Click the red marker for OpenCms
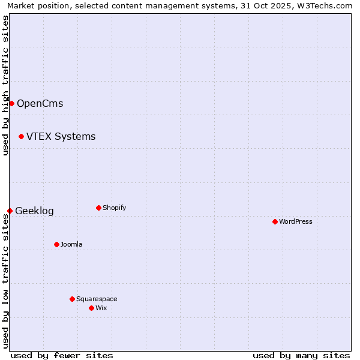pyautogui.click(x=11, y=103)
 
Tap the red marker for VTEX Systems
pyautogui.click(x=21, y=137)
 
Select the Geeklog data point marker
pyautogui.click(x=10, y=211)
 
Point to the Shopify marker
pyautogui.click(x=98, y=208)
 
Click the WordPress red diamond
pyautogui.click(x=275, y=221)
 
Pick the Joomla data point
pyautogui.click(x=56, y=244)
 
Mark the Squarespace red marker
pyautogui.click(x=72, y=299)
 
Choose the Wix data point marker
pyautogui.click(x=91, y=308)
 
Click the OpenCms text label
pyautogui.click(x=40, y=103)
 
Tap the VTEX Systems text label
pyautogui.click(x=61, y=137)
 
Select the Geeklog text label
pyautogui.click(x=34, y=211)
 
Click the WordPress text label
pyautogui.click(x=295, y=221)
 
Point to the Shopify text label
pyautogui.click(x=114, y=208)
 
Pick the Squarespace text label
pyautogui.click(x=97, y=299)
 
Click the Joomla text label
pyautogui.click(x=71, y=244)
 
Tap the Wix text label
pyautogui.click(x=101, y=308)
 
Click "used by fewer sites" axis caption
pyautogui.click(x=62, y=355)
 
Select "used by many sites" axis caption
pyautogui.click(x=301, y=355)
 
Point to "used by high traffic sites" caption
pyautogui.click(x=5, y=85)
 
